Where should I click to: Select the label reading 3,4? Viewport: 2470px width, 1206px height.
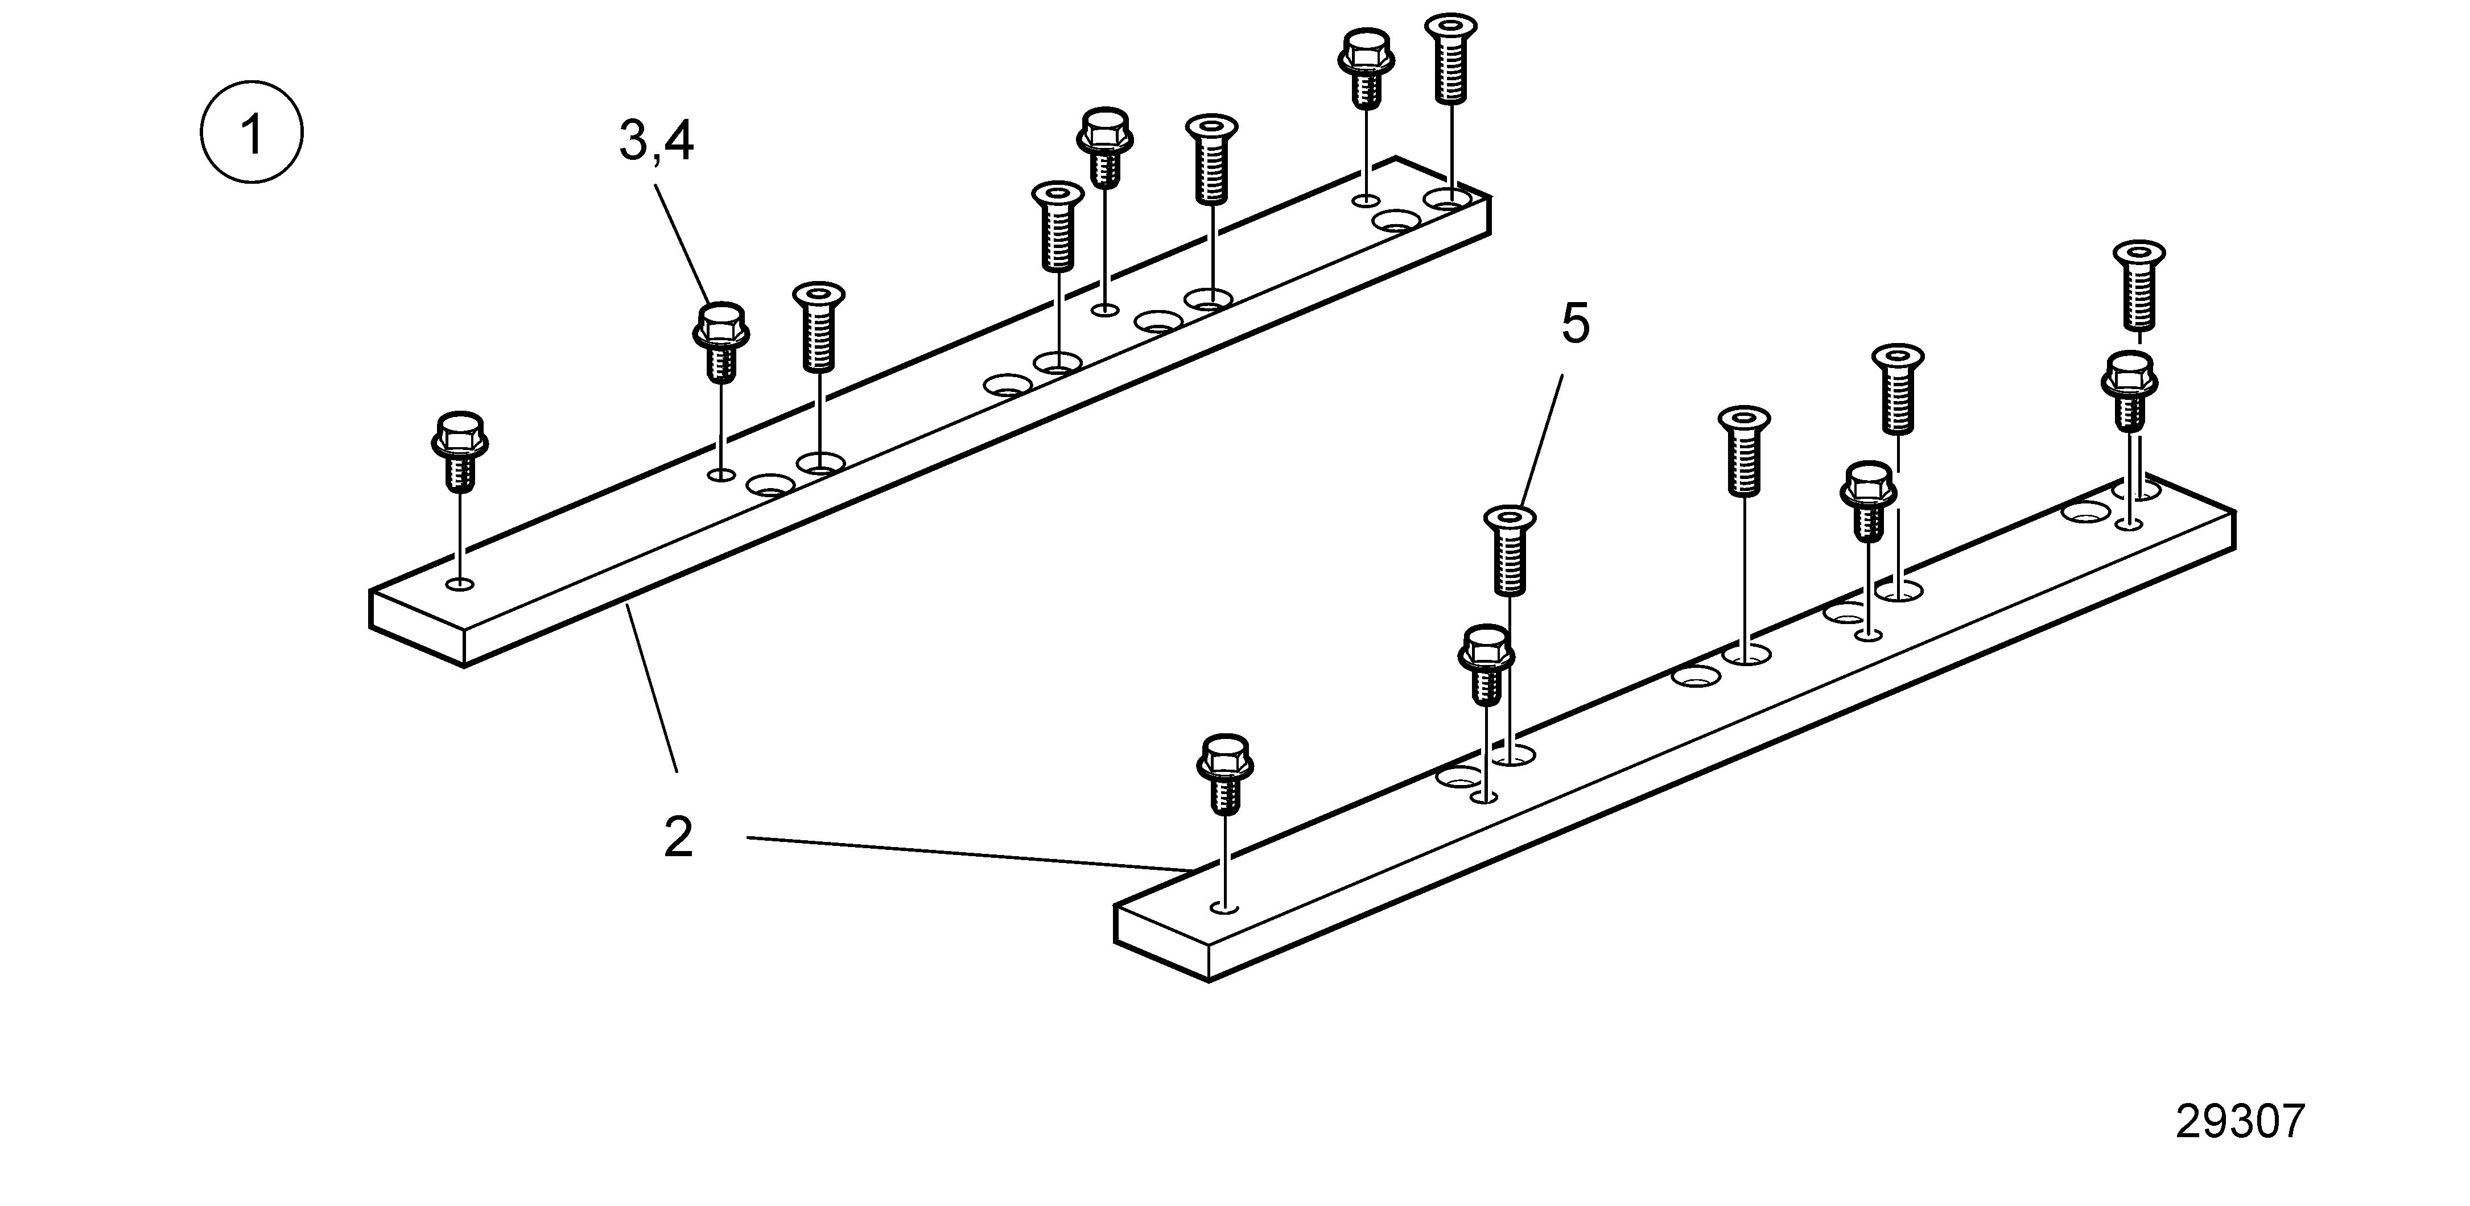(657, 142)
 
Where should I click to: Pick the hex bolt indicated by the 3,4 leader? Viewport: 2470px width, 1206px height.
(720, 342)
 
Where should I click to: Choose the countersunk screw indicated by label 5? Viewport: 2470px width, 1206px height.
(1510, 550)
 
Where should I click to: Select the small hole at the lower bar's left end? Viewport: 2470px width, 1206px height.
(1224, 906)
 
